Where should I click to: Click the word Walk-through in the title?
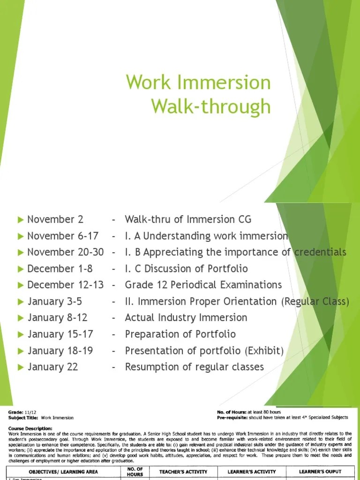[211, 106]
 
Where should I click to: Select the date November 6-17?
[63, 236]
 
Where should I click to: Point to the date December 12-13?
[65, 285]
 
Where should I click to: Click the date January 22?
[52, 367]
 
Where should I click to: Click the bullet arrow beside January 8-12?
[20, 318]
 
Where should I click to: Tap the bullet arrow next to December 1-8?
[20, 269]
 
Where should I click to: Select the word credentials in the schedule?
[321, 252]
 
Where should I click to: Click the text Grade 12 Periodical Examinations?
[203, 285]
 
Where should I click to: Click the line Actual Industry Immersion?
[186, 318]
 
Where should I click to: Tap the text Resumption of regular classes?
[194, 367]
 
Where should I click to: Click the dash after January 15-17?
[114, 334]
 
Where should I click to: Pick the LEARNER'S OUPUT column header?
[320, 472]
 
